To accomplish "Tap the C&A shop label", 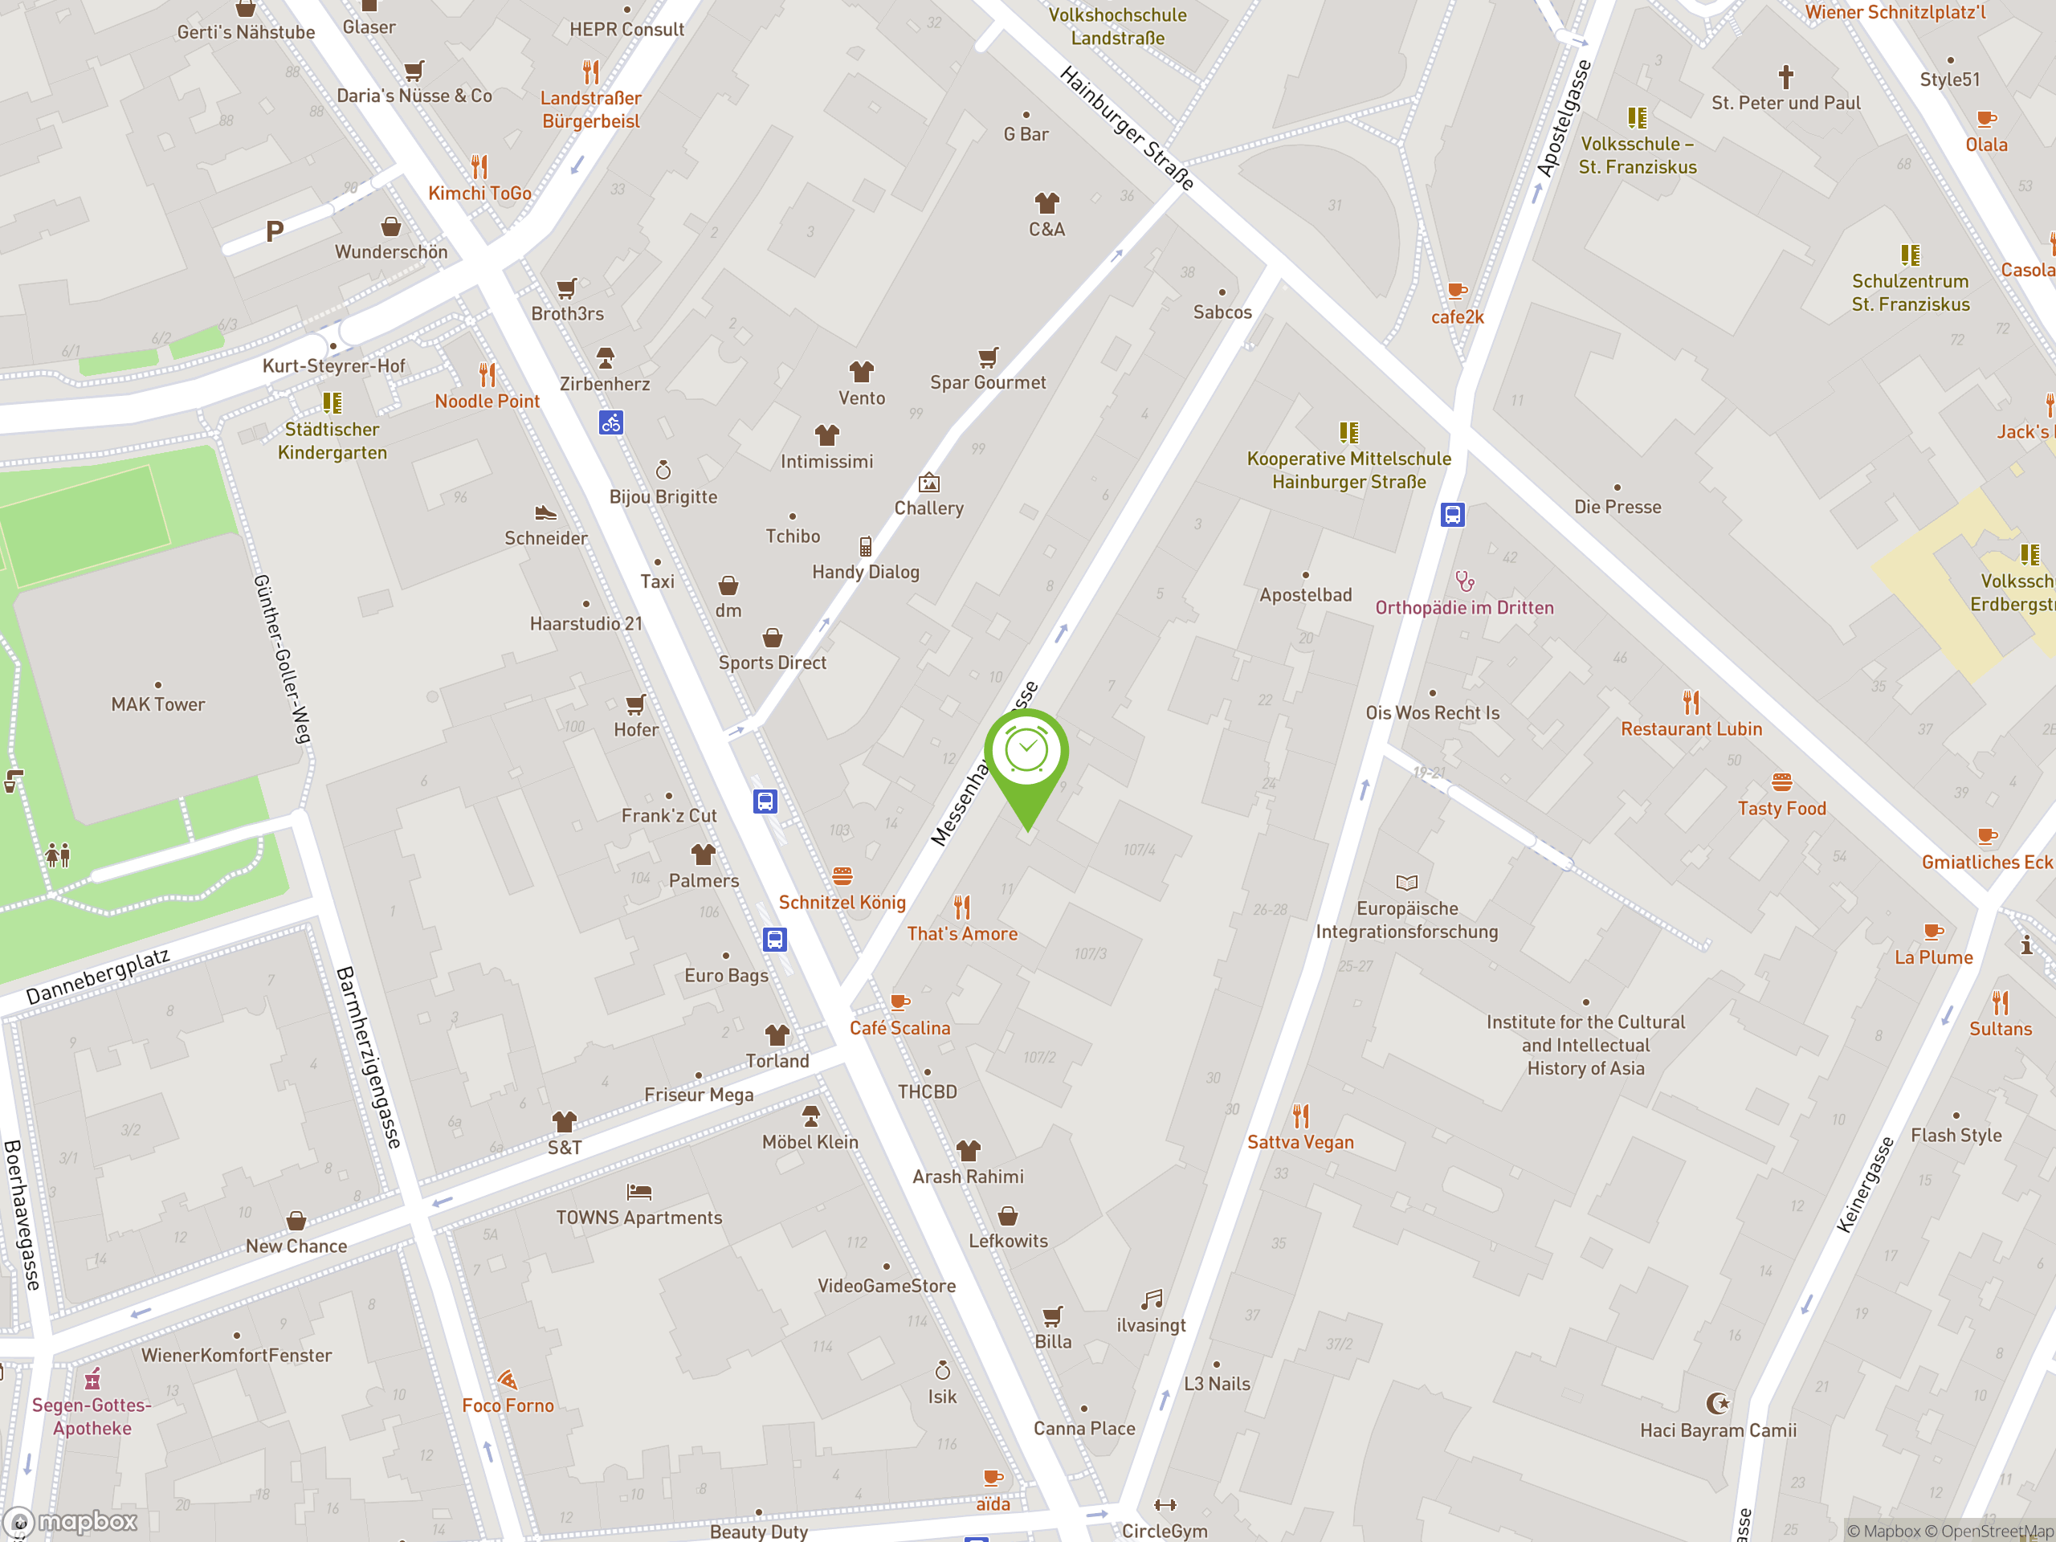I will pyautogui.click(x=1046, y=229).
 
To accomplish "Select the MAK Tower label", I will pyautogui.click(x=158, y=704).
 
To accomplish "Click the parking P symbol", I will pyautogui.click(x=274, y=230).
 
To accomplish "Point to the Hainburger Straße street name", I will pyautogui.click(x=1127, y=128).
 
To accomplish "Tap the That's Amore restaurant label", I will pyautogui.click(x=962, y=933).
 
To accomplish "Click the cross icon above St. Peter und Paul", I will pyautogui.click(x=1785, y=75).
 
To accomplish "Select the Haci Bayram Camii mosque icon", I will pyautogui.click(x=1718, y=1402).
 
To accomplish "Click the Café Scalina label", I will pyautogui.click(x=899, y=1028).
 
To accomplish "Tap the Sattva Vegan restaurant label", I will pyautogui.click(x=1300, y=1142).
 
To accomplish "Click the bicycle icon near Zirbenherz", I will pyautogui.click(x=610, y=423).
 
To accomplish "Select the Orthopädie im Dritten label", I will pyautogui.click(x=1464, y=608).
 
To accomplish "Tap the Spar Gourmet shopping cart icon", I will pyautogui.click(x=988, y=357).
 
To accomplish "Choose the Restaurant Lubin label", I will pyautogui.click(x=1691, y=728).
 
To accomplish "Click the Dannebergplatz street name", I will pyautogui.click(x=98, y=976).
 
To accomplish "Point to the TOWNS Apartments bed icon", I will pyautogui.click(x=638, y=1192).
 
